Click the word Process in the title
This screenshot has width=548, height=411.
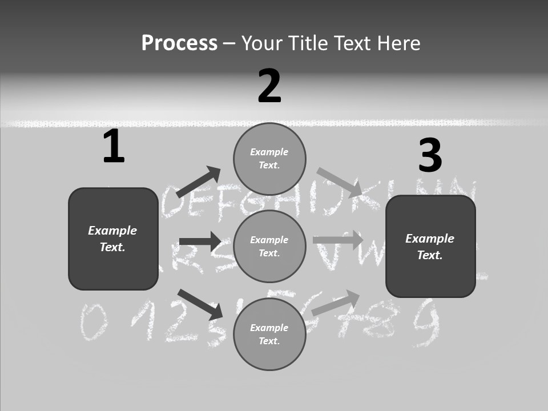point(179,43)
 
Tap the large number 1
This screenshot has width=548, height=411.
point(114,147)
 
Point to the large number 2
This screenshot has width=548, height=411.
point(269,86)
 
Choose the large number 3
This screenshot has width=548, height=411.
point(430,156)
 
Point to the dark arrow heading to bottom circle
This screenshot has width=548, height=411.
point(200,304)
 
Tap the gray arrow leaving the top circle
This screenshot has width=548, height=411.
point(340,182)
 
